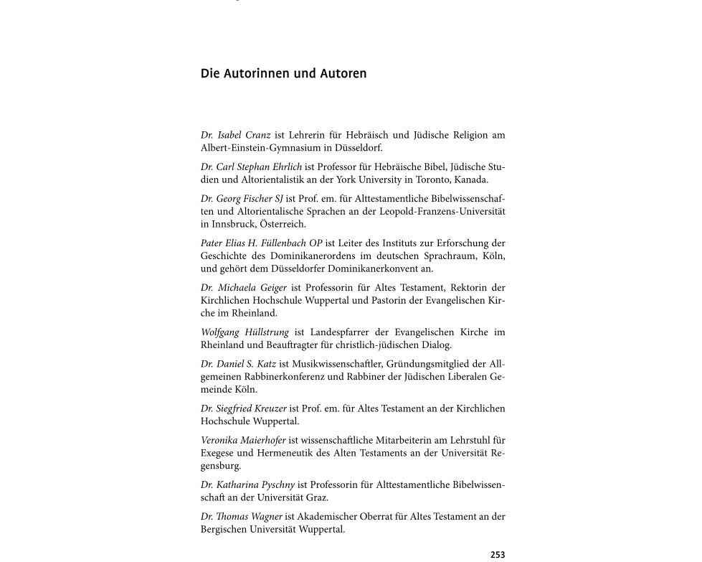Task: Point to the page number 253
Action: pos(498,555)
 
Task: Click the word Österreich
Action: pos(283,224)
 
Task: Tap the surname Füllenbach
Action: pos(283,243)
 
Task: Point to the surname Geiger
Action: pos(270,287)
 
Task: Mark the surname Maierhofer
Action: pos(262,440)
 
